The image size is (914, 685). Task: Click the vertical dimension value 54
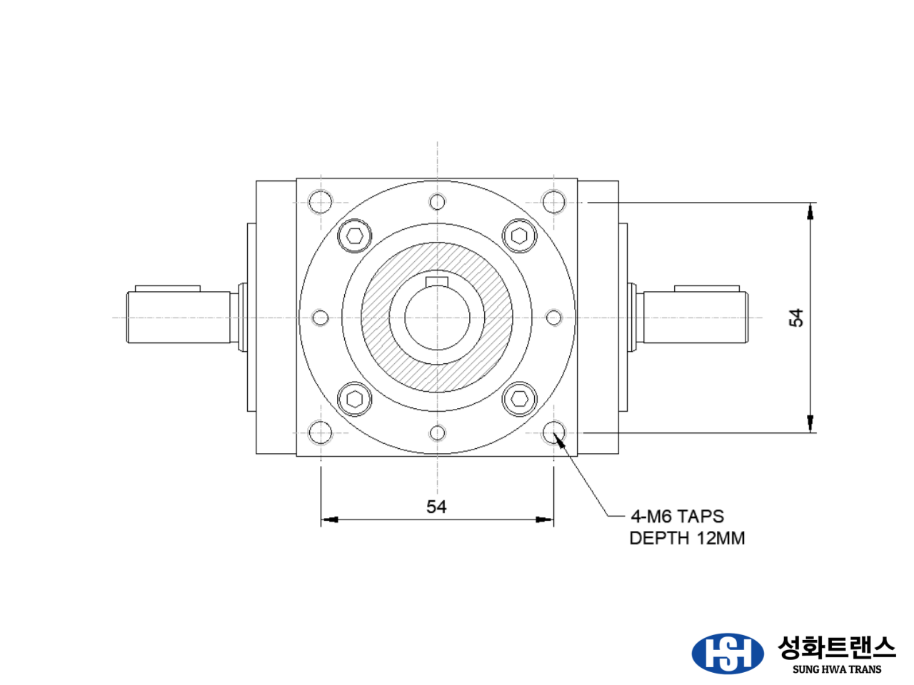(x=796, y=318)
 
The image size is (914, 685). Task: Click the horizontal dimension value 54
(x=436, y=507)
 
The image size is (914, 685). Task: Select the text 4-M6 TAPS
(x=677, y=516)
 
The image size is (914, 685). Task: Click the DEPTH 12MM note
(x=687, y=538)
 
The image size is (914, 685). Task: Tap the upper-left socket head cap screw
(x=355, y=236)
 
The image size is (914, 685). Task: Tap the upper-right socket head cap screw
(x=519, y=236)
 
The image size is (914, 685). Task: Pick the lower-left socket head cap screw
(x=355, y=399)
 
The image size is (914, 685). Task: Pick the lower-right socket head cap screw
(x=519, y=399)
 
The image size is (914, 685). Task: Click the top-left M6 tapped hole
(x=321, y=203)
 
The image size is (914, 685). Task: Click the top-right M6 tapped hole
(x=554, y=203)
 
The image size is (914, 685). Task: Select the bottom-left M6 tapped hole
(x=321, y=432)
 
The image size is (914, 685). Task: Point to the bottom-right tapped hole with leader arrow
(x=554, y=432)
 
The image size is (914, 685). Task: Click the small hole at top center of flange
(x=438, y=202)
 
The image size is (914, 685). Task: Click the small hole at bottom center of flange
(x=438, y=432)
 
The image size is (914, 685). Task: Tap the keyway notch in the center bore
(x=437, y=281)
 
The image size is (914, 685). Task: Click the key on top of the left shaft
(x=167, y=288)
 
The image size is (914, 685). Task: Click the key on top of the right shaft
(x=706, y=288)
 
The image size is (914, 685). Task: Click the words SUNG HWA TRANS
(x=837, y=669)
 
